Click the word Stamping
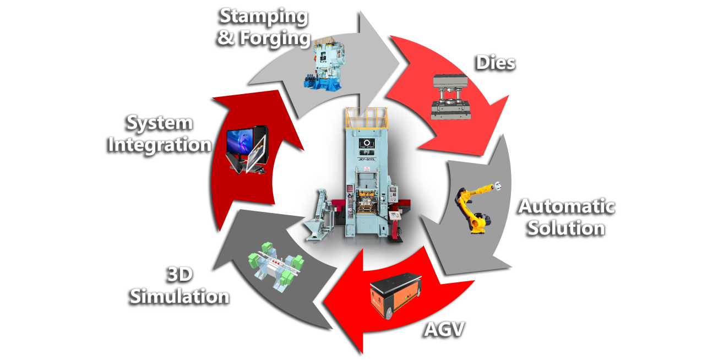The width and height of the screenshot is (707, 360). (x=264, y=16)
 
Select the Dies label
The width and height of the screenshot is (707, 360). (x=496, y=62)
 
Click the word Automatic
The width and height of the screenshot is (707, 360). (x=567, y=206)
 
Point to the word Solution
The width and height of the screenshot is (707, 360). (x=567, y=227)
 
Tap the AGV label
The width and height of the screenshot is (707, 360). (x=444, y=329)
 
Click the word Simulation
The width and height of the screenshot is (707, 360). (x=180, y=296)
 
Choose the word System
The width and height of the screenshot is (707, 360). (x=160, y=123)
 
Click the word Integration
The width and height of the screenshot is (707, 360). (x=160, y=144)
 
